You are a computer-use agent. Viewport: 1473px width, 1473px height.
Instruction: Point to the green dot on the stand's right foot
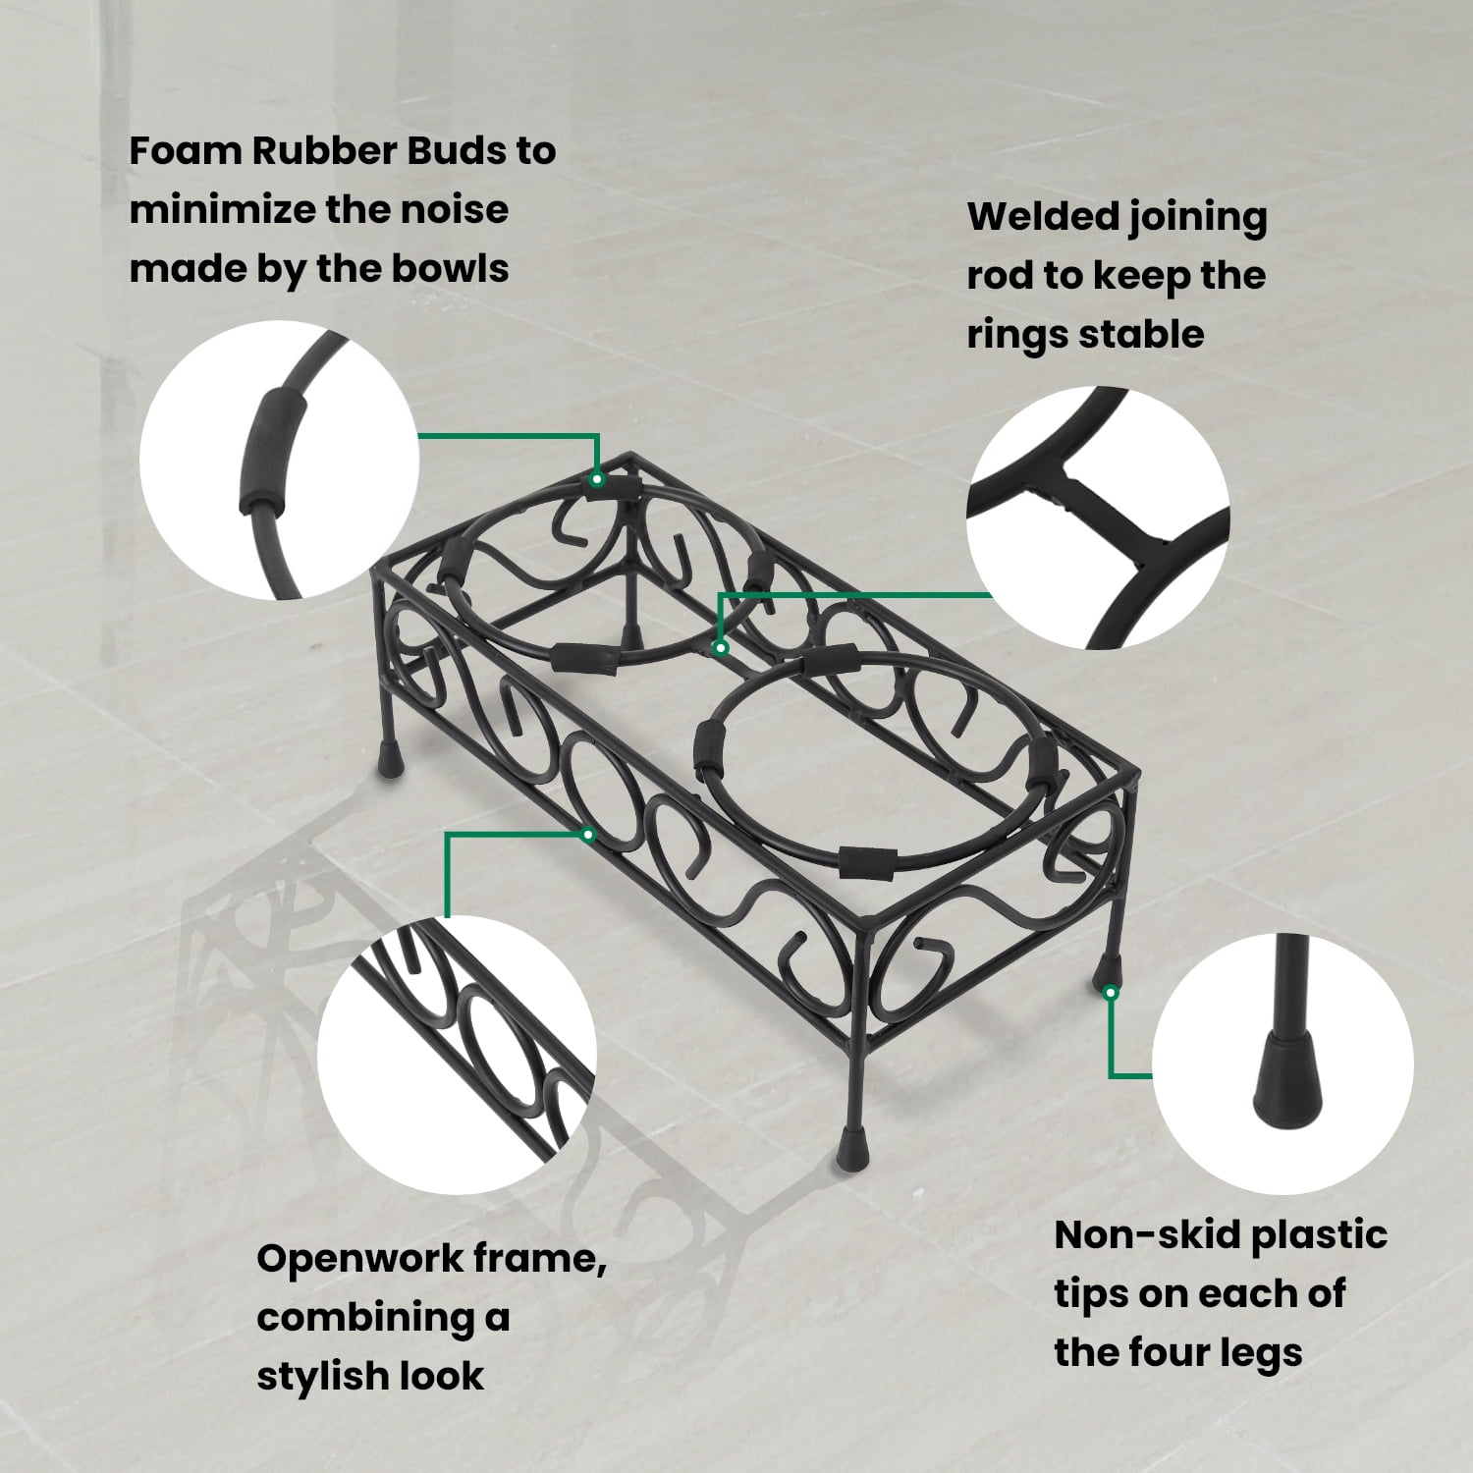(x=1111, y=993)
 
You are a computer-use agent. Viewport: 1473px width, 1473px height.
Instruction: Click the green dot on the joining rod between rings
(x=721, y=648)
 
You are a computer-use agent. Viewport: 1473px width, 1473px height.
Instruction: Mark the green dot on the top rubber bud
(x=596, y=480)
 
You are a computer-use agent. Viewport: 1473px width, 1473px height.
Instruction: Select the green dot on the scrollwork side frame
(x=588, y=836)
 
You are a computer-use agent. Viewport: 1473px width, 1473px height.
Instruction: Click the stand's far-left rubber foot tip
(x=391, y=760)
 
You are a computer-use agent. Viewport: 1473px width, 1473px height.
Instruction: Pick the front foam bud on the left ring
(x=583, y=659)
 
